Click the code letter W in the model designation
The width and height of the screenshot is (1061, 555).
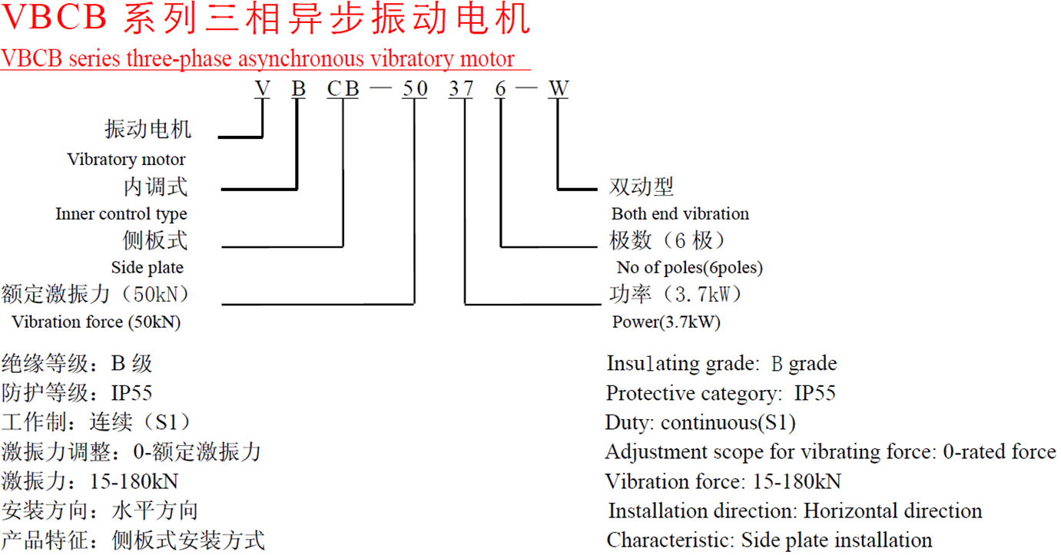click(558, 89)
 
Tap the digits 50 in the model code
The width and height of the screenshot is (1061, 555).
click(415, 89)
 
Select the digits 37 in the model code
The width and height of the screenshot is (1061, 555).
click(462, 89)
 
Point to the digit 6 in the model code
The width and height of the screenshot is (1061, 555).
click(501, 89)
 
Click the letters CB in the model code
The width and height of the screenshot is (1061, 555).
click(343, 89)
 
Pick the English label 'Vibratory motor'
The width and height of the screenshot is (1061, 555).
click(126, 160)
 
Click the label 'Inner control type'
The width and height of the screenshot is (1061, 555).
click(121, 214)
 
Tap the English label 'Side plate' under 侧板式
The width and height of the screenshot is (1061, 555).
click(148, 268)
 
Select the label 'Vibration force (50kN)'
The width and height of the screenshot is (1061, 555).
click(96, 322)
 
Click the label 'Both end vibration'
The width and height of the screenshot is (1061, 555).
click(680, 214)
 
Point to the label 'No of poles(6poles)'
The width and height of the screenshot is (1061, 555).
click(689, 268)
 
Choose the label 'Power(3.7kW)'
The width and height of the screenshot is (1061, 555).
click(666, 322)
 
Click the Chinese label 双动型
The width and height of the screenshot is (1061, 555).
click(641, 187)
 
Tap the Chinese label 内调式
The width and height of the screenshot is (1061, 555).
click(155, 187)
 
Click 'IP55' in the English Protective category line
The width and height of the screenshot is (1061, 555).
click(814, 394)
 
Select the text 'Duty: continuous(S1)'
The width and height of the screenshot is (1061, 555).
click(700, 423)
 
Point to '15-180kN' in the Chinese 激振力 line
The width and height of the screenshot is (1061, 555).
click(134, 482)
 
